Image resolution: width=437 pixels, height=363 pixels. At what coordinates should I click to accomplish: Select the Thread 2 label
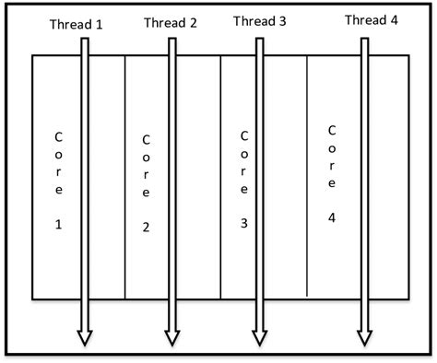pos(171,23)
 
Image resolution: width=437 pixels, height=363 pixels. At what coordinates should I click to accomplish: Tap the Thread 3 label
pos(260,20)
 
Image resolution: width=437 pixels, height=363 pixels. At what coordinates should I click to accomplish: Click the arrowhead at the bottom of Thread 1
pos(84,338)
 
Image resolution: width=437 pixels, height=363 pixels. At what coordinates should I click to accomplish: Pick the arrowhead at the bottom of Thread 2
pos(171,338)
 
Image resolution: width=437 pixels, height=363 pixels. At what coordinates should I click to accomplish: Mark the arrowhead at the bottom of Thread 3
pos(259,338)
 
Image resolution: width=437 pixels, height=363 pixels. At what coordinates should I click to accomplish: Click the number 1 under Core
pos(59,224)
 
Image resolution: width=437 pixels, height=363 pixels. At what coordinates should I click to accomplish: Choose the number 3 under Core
pos(244,222)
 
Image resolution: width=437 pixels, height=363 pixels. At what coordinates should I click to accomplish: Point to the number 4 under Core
pos(332,217)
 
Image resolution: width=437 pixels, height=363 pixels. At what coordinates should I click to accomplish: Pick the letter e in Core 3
pos(243,188)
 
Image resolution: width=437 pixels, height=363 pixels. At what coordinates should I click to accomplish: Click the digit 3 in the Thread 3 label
pos(282,20)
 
